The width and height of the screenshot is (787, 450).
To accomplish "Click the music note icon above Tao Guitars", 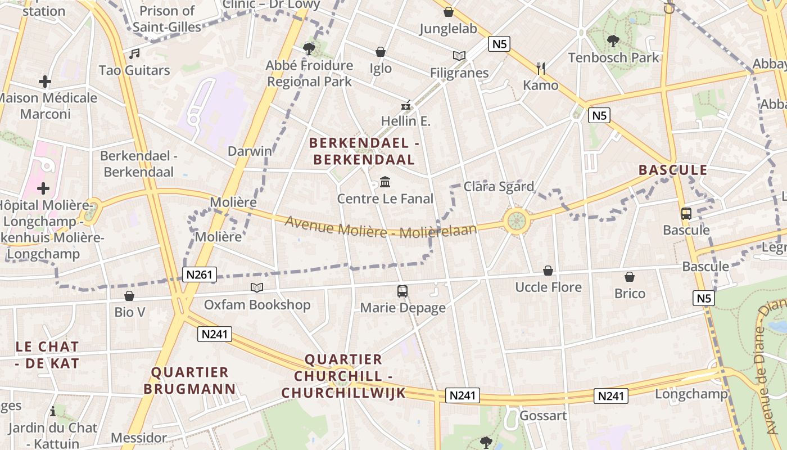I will click(x=134, y=54).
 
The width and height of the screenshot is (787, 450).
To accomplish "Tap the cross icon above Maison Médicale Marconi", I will click(x=45, y=82).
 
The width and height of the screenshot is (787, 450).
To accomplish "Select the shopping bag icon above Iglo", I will click(x=381, y=52).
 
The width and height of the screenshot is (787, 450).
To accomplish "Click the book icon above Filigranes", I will click(x=459, y=56).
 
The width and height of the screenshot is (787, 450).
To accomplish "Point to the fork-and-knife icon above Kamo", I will click(x=541, y=69).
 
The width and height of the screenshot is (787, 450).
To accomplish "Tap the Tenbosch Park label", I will click(x=613, y=57).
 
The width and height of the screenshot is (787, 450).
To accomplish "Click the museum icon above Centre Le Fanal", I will click(x=386, y=182).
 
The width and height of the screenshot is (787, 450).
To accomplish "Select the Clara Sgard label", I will click(x=499, y=186).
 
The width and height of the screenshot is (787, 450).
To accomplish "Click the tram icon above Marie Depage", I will click(x=402, y=291).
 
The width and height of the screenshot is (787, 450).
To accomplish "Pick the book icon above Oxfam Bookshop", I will click(x=257, y=288).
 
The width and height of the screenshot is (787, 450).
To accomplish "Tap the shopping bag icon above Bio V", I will click(x=129, y=295).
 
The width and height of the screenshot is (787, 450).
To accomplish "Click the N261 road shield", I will click(x=200, y=274).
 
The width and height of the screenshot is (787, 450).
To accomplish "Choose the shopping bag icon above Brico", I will click(x=630, y=277).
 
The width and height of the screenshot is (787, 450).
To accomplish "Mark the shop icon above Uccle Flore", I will click(x=548, y=271).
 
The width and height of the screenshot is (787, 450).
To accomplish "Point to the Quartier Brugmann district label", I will click(x=189, y=380).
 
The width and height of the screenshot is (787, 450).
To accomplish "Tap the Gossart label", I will click(x=543, y=416).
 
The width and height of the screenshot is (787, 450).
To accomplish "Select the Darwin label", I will click(x=250, y=151).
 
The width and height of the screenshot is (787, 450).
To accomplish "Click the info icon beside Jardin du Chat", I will click(x=53, y=411).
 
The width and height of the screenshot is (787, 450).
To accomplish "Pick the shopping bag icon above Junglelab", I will click(x=448, y=12).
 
